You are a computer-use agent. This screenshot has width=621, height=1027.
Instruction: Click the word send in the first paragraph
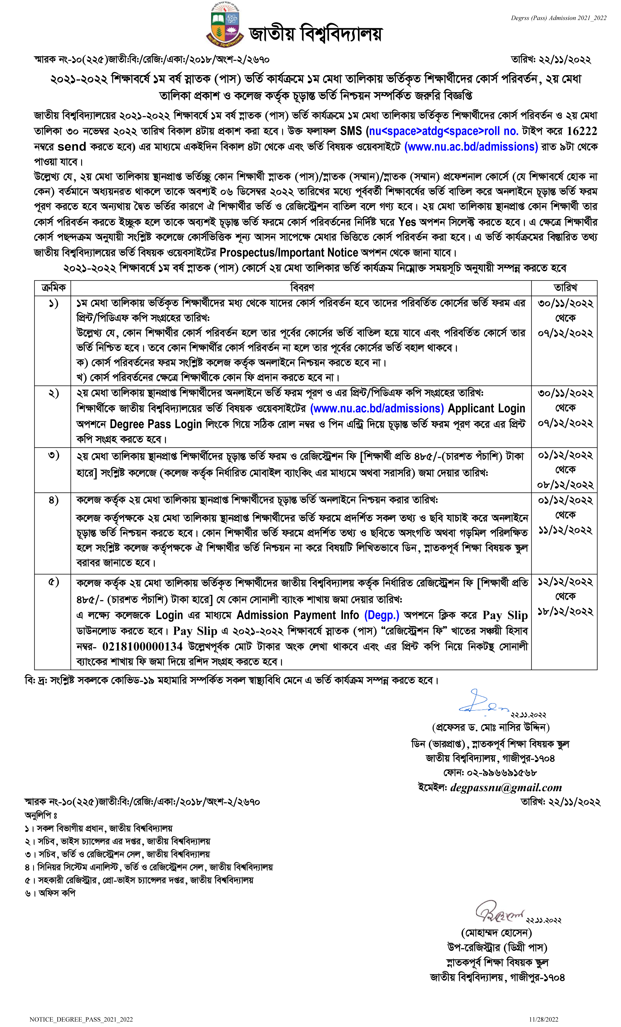point(72,147)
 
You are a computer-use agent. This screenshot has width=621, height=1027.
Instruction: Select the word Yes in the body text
point(407,222)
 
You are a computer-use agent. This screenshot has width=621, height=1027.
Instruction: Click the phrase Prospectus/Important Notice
point(289,253)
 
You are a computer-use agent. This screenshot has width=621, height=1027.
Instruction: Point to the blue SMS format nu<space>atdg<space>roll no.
point(443,131)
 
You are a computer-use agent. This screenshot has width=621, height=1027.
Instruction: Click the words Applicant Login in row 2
point(486,408)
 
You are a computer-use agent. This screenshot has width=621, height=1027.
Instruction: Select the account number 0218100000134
point(142,647)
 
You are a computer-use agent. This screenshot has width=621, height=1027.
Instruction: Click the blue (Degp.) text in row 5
point(381,615)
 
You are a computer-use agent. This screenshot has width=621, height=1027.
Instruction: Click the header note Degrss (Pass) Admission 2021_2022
point(558,18)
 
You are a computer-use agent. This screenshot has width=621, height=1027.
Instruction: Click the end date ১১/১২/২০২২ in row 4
point(565,530)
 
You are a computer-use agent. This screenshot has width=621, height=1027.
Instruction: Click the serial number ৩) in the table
point(53,455)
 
